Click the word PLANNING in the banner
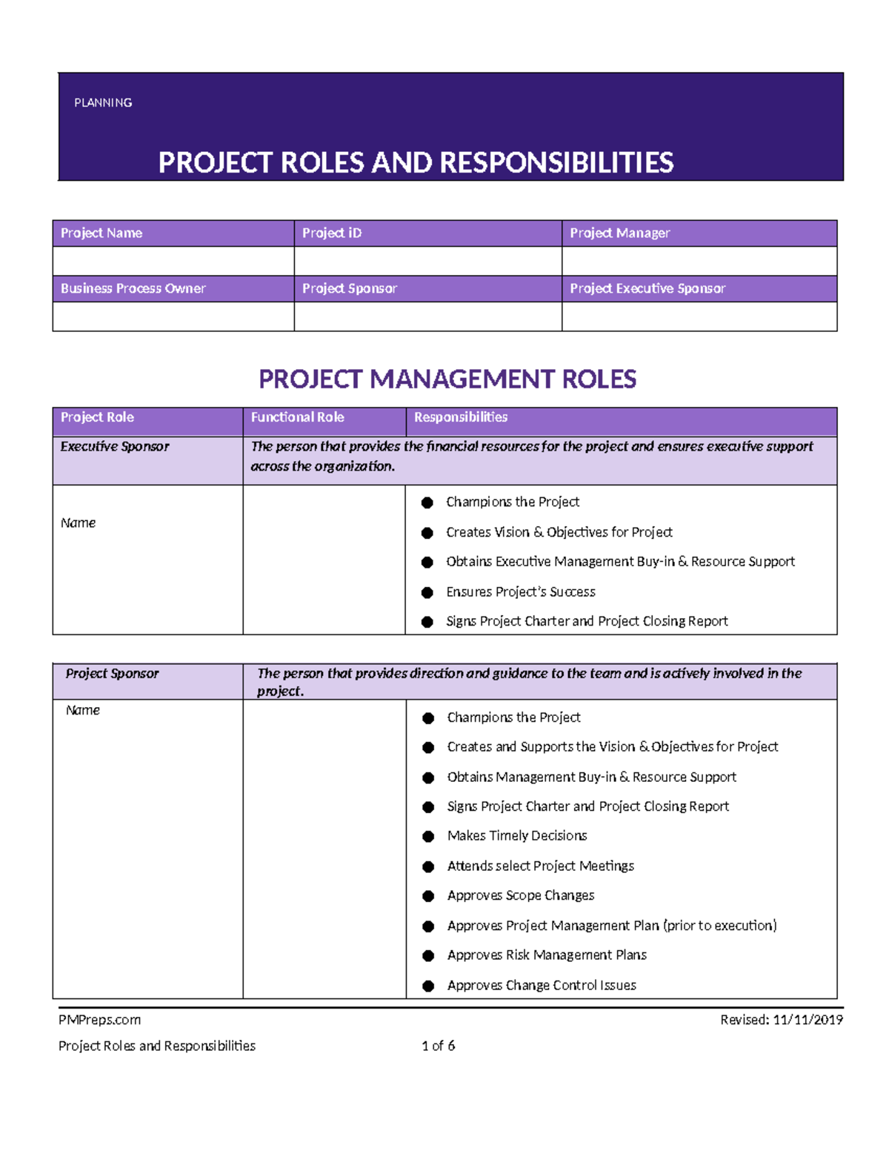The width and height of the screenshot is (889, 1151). tap(103, 103)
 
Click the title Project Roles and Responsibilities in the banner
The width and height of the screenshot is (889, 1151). tap(416, 163)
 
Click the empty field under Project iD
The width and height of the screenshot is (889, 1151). tap(427, 261)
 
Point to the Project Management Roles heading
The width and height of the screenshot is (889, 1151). tap(447, 379)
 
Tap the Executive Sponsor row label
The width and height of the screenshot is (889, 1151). tap(115, 446)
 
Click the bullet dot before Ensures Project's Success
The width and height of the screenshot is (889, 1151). tap(427, 592)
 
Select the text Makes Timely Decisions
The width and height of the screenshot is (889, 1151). tap(517, 836)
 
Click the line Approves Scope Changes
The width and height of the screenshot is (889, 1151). tap(521, 895)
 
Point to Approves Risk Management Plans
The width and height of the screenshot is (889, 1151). tap(547, 955)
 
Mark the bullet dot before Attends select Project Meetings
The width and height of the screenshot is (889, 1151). tap(428, 866)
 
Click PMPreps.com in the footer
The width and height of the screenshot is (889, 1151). tap(99, 1020)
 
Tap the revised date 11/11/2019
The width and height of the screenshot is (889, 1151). tap(808, 1020)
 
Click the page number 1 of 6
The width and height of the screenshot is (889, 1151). tap(439, 1046)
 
